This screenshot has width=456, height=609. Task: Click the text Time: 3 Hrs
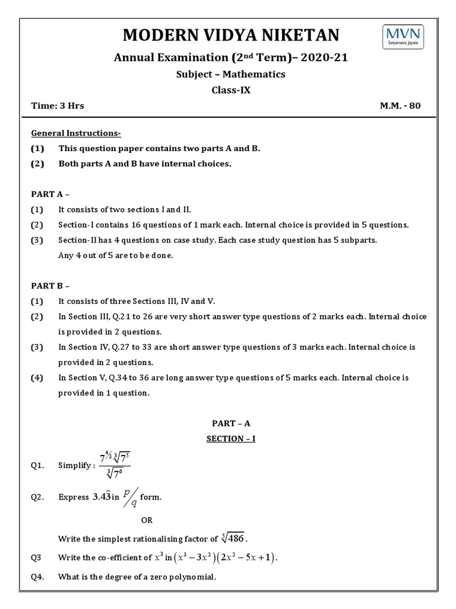(58, 106)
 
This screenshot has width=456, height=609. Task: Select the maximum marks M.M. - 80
(401, 106)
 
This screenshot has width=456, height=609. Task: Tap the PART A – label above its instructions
(50, 194)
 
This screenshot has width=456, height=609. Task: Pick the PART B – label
(50, 285)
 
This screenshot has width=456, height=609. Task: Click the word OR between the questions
(147, 520)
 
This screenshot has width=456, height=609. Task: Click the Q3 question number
(37, 558)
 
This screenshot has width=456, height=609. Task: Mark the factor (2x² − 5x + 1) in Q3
(248, 558)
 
